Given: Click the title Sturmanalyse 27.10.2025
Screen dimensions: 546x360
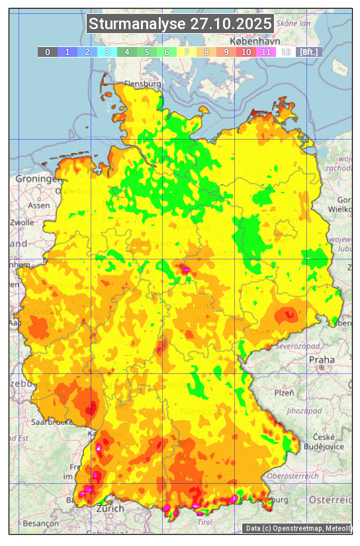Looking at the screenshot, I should click(x=180, y=24).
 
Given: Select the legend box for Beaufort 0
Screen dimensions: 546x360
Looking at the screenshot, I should click(x=48, y=52).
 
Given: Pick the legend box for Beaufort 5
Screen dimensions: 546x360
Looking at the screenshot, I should click(x=147, y=52).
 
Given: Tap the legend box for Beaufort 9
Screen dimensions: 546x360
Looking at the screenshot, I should click(x=226, y=52).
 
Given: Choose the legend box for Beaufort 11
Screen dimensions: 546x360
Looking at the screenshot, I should click(x=266, y=52).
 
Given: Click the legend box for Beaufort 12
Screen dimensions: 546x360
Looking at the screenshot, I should click(x=286, y=52).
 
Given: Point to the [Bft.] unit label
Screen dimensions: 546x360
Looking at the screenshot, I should click(x=309, y=52).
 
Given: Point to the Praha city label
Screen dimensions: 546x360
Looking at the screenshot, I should click(x=321, y=359).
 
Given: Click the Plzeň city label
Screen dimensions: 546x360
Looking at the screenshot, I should click(x=284, y=392).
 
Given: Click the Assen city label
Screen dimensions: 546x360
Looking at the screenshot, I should click(x=40, y=205).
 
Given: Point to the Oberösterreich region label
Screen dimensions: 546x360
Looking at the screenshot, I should click(x=292, y=475).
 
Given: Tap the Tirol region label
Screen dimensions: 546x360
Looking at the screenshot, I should click(x=205, y=522).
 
